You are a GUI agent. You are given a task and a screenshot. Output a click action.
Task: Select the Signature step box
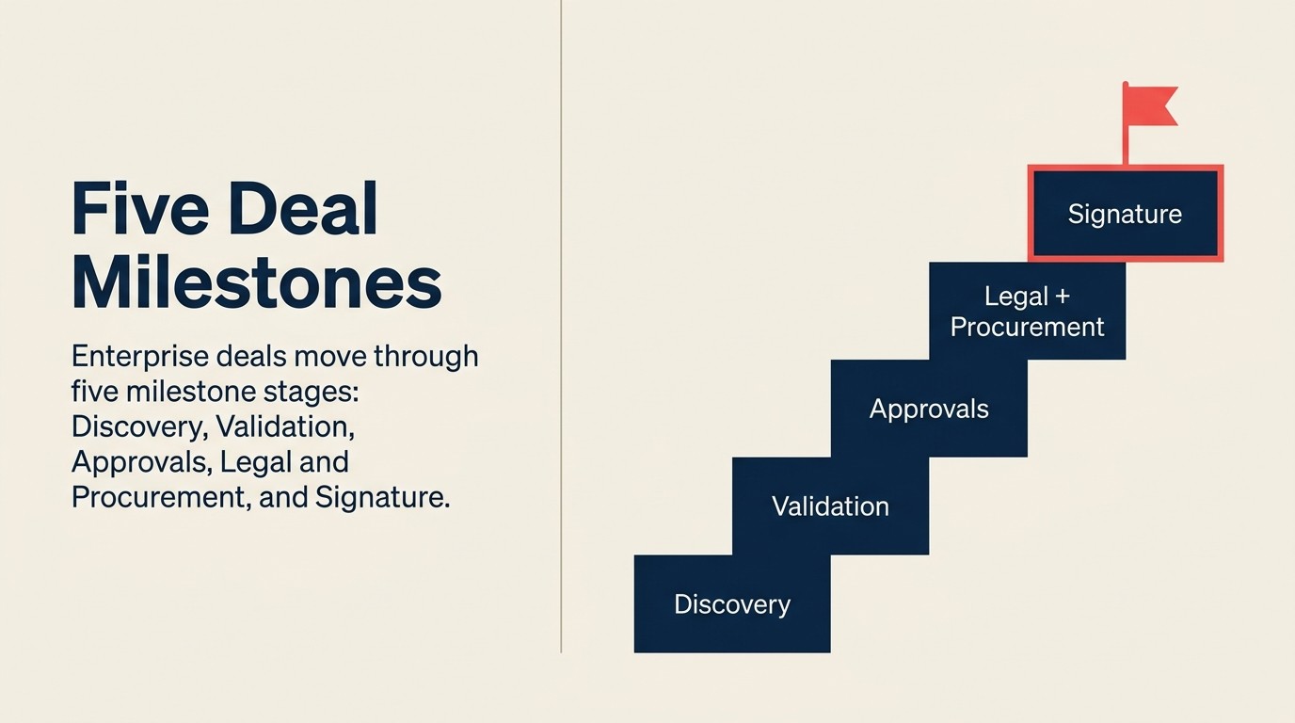(1125, 214)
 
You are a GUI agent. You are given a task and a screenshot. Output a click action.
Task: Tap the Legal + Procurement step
(1027, 312)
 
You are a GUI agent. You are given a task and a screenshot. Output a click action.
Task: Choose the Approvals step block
(929, 409)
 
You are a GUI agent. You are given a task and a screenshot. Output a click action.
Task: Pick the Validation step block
(830, 506)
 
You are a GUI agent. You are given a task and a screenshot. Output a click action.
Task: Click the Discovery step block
(732, 604)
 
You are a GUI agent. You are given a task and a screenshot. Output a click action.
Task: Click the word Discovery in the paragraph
(137, 426)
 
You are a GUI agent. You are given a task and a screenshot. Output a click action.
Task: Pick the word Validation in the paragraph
(284, 426)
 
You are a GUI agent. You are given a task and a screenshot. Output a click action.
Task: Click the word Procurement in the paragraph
(157, 497)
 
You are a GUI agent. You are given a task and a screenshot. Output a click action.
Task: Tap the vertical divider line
(561, 329)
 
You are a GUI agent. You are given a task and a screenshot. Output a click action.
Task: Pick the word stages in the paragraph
(307, 392)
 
